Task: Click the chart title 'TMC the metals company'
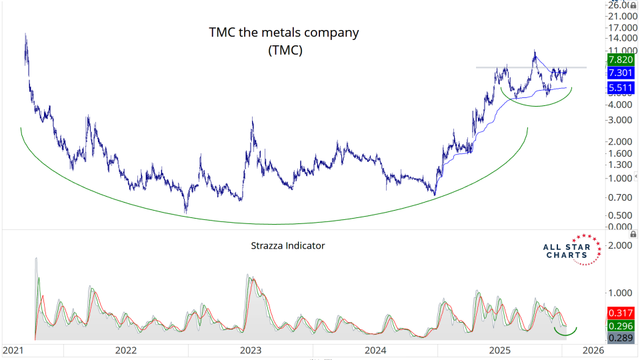point(284,32)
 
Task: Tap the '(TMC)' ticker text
point(285,50)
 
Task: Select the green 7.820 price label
point(620,60)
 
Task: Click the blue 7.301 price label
point(620,73)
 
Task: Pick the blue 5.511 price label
point(620,87)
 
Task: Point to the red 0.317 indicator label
point(620,313)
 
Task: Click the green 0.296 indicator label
point(620,326)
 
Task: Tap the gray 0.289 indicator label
point(620,339)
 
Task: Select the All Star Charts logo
point(568,250)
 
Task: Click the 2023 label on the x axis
point(251,350)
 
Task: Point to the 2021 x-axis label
point(15,350)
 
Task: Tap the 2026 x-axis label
point(591,350)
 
